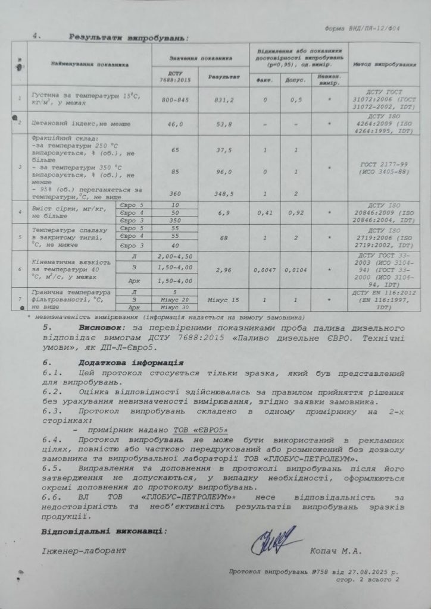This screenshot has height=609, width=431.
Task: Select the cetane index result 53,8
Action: tap(223, 124)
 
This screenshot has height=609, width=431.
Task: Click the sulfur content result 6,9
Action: tap(223, 212)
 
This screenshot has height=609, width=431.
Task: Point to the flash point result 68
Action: tap(223, 237)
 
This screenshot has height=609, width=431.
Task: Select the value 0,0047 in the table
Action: tap(264, 269)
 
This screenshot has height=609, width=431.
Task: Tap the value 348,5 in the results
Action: tap(223, 194)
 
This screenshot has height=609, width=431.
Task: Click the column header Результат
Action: tap(223, 77)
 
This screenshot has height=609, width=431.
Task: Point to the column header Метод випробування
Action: tap(385, 63)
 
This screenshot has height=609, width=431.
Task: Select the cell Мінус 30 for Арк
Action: tap(176, 307)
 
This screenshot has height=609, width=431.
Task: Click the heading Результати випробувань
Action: tap(127, 37)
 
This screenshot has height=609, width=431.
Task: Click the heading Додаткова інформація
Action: tap(131, 362)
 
